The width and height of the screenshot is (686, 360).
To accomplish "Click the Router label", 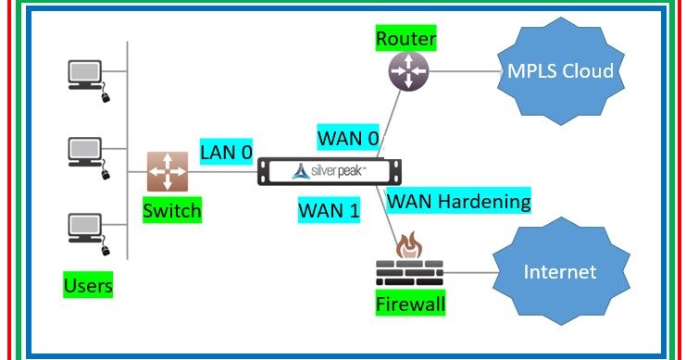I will coord(405,39).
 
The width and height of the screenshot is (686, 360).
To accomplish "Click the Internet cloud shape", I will coord(559,272).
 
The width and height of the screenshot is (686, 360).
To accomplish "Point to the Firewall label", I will coord(409,304).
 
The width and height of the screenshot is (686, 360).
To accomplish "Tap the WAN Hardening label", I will coord(459,201).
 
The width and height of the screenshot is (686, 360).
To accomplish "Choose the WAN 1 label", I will coord(329,209).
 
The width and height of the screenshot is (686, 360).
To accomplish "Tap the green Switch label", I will coord(171,211).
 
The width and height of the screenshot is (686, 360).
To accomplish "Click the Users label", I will coord(88,285).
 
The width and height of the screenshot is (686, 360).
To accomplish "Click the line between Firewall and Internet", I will coord(468,273).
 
